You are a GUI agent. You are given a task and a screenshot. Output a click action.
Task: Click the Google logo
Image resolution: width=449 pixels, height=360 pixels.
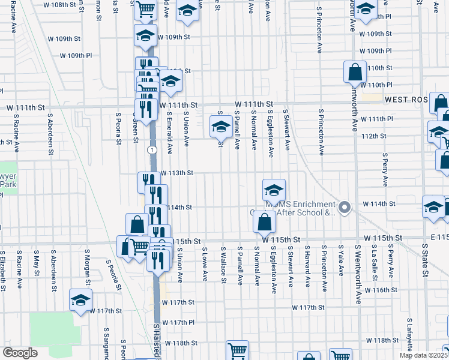[20, 353]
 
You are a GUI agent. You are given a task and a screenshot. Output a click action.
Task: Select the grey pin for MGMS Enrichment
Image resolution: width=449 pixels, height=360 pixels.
[344, 208]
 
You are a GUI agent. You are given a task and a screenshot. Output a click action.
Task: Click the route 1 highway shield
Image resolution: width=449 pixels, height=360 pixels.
[153, 149]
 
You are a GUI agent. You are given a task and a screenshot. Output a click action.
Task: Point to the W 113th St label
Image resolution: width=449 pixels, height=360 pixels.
[176, 173]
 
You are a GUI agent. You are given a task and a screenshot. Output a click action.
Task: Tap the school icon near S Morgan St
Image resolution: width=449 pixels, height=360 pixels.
[80, 301]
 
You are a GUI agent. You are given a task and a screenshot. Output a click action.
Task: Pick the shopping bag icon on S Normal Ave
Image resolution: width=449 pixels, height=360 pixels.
[264, 223]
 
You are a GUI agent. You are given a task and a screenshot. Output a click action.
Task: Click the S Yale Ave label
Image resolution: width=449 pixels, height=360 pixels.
[340, 259]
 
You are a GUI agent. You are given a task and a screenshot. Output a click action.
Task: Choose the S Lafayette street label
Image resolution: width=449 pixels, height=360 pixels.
[410, 338]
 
